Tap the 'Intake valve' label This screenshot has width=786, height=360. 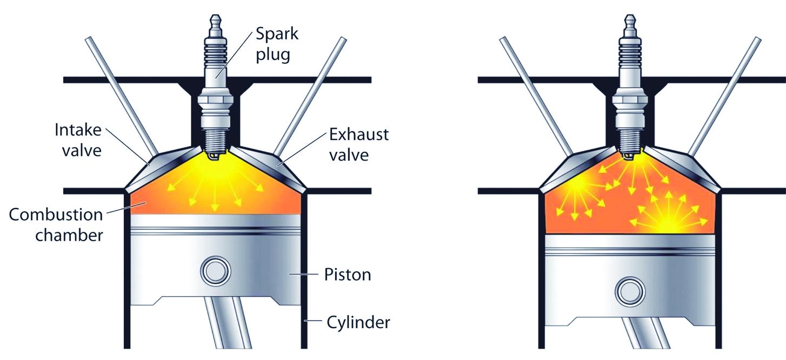pyautogui.click(x=78, y=139)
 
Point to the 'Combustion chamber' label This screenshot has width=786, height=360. pyautogui.click(x=56, y=224)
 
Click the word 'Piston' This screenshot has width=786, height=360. pyautogui.click(x=348, y=274)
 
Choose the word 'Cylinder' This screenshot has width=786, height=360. pyautogui.click(x=358, y=323)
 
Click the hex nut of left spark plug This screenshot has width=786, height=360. pyautogui.click(x=215, y=101)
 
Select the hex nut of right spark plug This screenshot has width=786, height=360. pyautogui.click(x=630, y=101)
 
